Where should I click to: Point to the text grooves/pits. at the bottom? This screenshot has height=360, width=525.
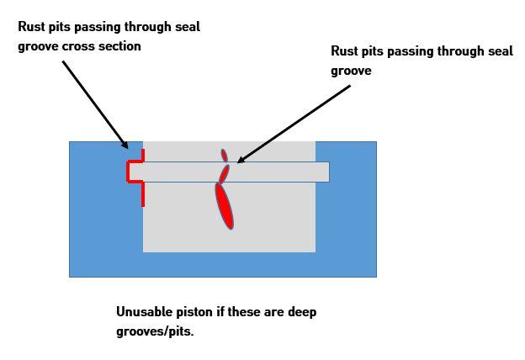point(155,331)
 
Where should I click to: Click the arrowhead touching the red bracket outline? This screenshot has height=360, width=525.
point(124,146)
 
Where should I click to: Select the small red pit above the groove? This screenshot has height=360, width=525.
point(224,155)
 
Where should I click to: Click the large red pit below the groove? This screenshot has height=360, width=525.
point(224,205)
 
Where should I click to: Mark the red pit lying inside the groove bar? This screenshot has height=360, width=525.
point(224,173)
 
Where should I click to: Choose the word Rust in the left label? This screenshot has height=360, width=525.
point(32,27)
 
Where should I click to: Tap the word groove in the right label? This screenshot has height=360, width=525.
point(351,71)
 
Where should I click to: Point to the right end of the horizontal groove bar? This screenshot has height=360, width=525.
point(326,172)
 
